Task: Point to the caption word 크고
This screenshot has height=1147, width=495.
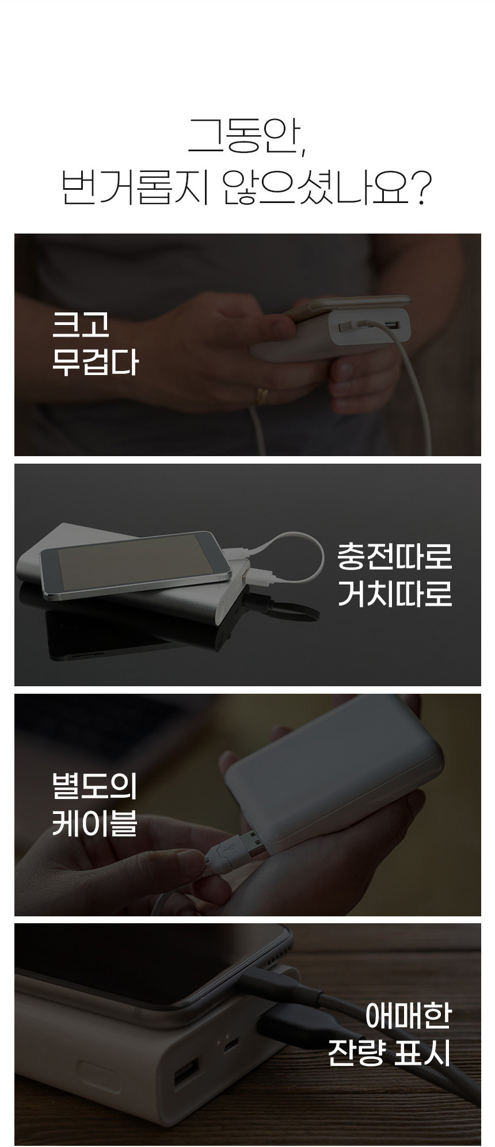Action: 81,325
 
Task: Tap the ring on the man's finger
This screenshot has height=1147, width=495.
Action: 262,394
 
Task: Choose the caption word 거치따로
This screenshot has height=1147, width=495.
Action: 395,594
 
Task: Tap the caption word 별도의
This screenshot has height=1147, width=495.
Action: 95,786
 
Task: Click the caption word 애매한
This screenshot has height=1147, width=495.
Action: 408,1016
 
